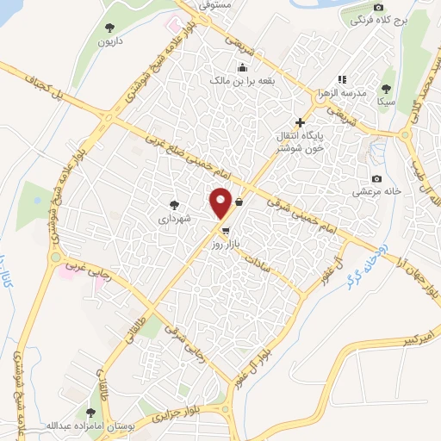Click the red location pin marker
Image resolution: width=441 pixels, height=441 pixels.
(221, 202)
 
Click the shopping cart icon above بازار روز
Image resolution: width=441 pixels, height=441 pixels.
(226, 231)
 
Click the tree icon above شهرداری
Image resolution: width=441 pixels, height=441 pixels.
(174, 205)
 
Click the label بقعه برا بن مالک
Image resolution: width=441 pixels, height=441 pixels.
(242, 80)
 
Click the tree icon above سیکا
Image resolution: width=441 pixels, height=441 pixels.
(385, 87)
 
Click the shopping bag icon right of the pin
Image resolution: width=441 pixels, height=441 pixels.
(238, 203)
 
